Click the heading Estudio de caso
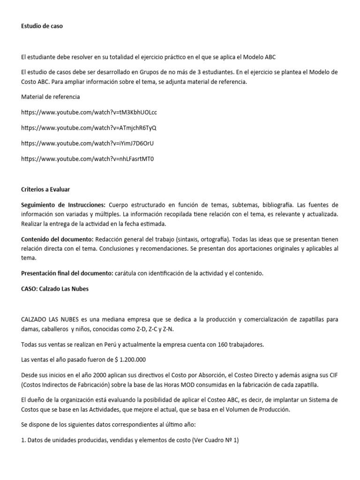(42, 26)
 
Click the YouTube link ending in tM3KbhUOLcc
(89, 112)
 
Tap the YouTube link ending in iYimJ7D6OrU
(88, 143)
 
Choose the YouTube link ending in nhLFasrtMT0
(88, 159)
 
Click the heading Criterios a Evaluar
(45, 190)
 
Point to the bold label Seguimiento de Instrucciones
(63, 205)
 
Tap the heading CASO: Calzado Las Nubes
(55, 289)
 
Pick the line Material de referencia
(51, 97)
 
